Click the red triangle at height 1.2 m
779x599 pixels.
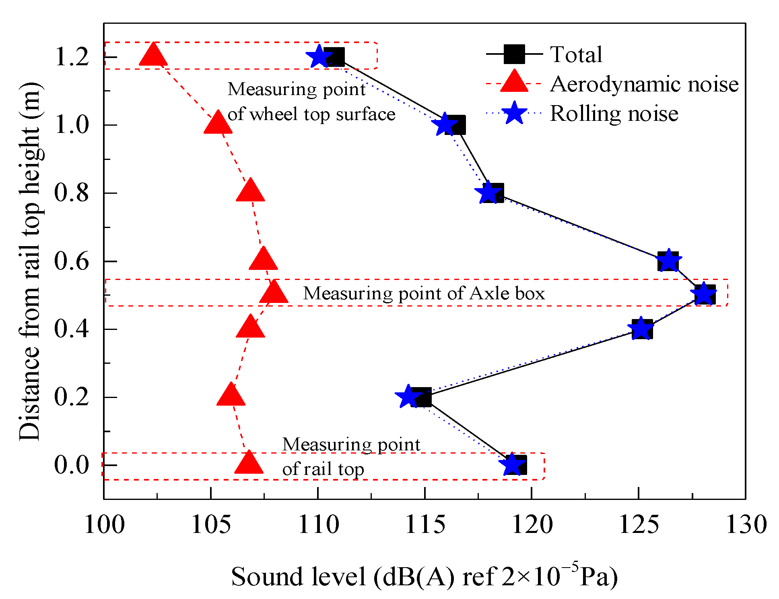[153, 56]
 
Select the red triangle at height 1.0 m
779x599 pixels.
[218, 123]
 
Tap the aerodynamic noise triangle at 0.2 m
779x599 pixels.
[231, 396]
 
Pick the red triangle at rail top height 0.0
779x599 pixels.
[249, 464]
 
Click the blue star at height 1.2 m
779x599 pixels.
[319, 57]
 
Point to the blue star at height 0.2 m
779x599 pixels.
[408, 397]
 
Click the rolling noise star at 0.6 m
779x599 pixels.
[668, 260]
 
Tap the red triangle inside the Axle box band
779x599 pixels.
[274, 293]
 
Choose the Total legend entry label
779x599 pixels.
[576, 54]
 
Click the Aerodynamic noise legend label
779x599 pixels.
[644, 84]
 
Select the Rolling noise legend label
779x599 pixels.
[614, 114]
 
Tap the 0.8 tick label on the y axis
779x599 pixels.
[71, 193]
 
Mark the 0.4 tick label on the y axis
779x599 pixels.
[71, 329]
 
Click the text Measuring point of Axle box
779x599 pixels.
[424, 293]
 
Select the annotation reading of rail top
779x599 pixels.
[323, 469]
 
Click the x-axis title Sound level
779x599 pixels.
[424, 576]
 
